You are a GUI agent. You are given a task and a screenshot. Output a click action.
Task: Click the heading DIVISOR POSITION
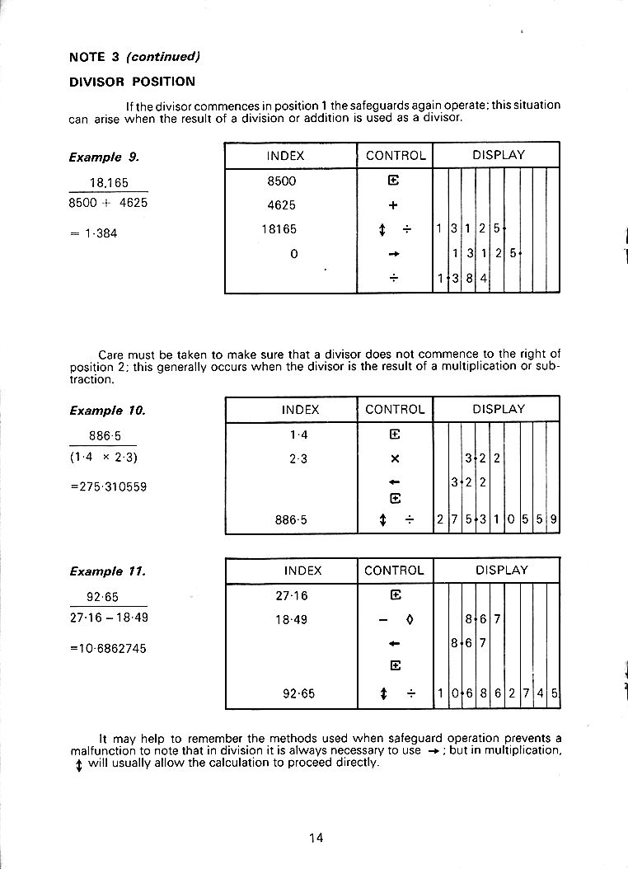coord(132,82)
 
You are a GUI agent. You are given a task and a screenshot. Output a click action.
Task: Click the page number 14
coord(316,838)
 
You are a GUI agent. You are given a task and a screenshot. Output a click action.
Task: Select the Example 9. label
coord(104,157)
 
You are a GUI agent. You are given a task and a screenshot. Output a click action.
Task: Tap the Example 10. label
coord(107,410)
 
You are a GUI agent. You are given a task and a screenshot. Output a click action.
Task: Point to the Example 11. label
coord(107,571)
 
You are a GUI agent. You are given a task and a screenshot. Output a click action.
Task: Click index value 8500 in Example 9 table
coord(282,181)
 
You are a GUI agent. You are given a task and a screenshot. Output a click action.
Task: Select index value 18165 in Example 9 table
coord(281,229)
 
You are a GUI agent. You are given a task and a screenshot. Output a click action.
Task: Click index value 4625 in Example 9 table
coord(282,205)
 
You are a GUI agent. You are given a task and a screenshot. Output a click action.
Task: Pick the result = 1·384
coord(93,233)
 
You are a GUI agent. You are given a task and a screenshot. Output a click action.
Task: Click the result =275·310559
coord(109,486)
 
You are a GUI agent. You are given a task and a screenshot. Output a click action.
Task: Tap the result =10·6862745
coord(109,648)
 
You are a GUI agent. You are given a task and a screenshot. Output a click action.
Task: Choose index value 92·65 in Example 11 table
coord(298,693)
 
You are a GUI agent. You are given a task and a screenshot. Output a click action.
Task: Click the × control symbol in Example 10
coord(394,458)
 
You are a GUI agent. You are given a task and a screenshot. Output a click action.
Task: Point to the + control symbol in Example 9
coord(393,205)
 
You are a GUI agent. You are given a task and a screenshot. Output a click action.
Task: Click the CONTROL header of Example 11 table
coord(394,571)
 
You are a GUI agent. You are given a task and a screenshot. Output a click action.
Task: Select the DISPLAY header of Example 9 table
coord(498,155)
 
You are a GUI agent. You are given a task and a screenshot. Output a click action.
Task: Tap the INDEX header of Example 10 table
coord(301,409)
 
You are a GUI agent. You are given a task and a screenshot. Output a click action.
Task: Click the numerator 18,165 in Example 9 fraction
coord(109,183)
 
